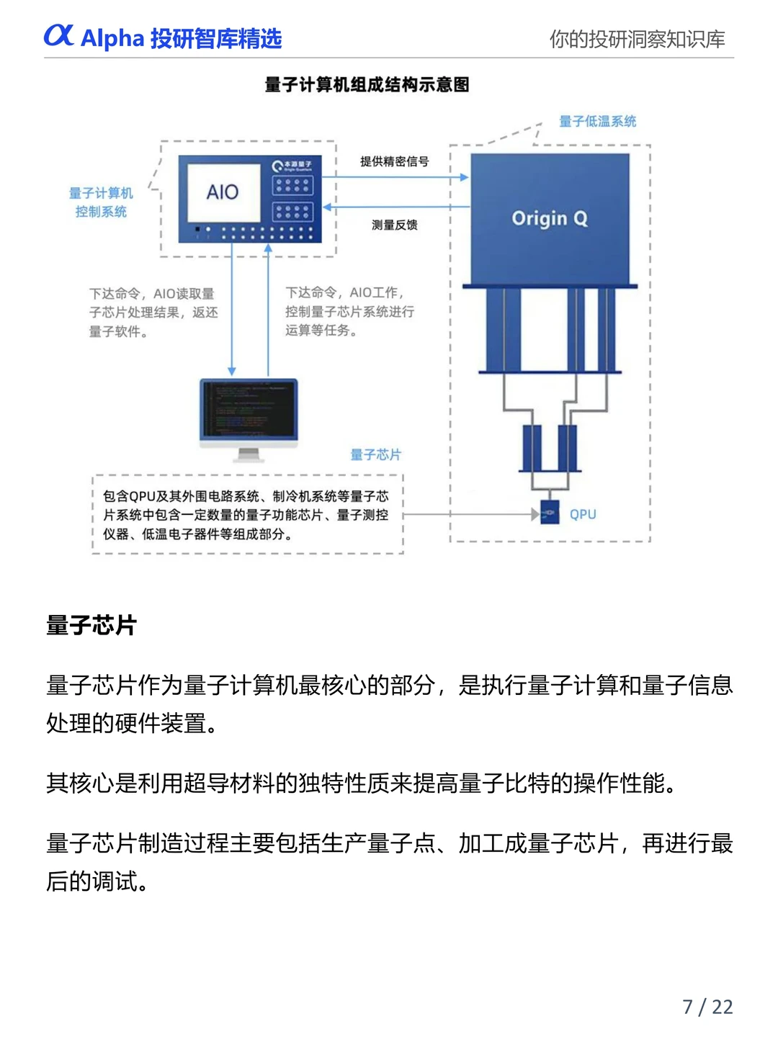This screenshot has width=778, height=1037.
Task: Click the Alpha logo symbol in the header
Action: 58,35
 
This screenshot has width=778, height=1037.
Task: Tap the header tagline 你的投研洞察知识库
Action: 637,39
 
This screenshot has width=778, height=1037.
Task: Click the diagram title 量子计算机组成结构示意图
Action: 367,85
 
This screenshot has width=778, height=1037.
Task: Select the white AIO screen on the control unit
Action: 223,192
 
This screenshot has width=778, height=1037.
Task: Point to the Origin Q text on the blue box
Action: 549,218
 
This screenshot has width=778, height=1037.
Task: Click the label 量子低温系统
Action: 597,121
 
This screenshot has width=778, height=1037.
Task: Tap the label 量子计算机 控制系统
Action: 101,202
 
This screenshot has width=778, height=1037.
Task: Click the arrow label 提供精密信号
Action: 394,161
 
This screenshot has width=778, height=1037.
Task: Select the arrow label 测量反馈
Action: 394,225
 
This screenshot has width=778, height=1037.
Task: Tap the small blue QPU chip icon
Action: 550,513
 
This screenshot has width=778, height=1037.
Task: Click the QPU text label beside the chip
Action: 583,514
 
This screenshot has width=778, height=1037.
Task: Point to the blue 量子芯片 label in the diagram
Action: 375,454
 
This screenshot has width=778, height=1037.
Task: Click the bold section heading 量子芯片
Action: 91,624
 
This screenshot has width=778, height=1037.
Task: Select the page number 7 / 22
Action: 707,1006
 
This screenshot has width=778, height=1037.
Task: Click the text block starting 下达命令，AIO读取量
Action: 153,313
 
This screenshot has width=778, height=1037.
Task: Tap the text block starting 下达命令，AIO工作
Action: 349,311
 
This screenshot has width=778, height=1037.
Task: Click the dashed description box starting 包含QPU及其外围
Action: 247,515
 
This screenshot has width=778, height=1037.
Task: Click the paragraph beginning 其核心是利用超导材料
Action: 362,783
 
